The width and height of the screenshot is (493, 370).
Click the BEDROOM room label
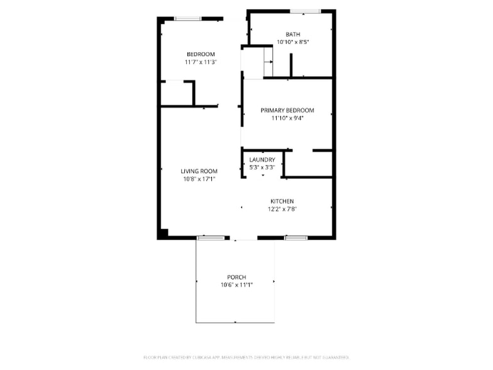pos(201,54)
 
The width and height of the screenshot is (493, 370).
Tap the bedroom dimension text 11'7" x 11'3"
pos(201,62)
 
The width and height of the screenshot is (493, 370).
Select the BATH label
pos(292,35)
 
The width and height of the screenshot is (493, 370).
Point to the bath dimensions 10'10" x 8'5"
pos(292,42)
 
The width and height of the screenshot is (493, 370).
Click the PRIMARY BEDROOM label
pos(287,110)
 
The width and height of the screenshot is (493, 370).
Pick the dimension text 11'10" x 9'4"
pos(287,118)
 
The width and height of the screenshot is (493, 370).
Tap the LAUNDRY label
pos(262,160)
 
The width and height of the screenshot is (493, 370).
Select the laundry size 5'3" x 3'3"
pos(262,167)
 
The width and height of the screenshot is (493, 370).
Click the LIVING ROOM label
pos(199,171)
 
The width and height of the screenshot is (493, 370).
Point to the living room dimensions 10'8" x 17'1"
pos(199,179)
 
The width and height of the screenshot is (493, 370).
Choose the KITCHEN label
pos(282,201)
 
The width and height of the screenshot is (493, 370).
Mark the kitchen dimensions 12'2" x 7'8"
pos(282,209)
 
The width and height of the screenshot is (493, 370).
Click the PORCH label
pos(236,277)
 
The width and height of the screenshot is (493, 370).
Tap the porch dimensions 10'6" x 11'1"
pos(236,285)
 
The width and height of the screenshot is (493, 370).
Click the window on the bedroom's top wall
pos(187,19)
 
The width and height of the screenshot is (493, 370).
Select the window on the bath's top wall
pos(305,11)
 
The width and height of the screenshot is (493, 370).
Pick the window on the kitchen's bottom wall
pos(296,238)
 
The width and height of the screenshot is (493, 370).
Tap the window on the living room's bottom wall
pos(211,238)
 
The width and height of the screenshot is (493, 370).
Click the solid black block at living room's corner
pos(163,234)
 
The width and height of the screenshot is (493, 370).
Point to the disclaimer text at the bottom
pos(246,357)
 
